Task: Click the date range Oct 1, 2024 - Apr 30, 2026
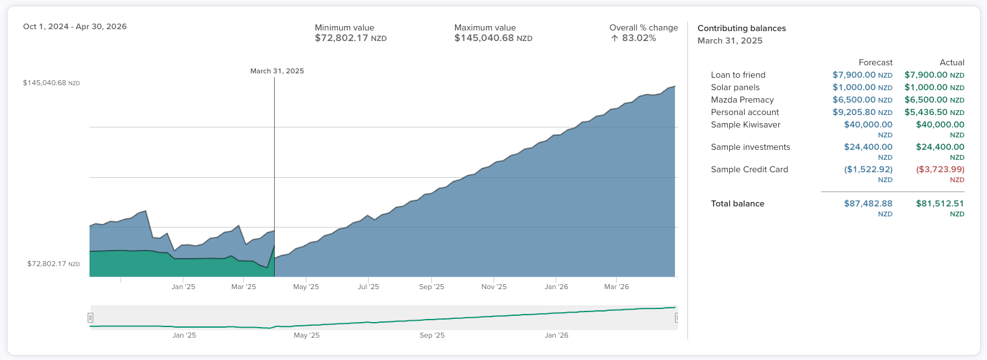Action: tap(75, 27)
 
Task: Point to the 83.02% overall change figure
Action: tap(638, 39)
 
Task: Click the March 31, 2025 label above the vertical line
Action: tap(277, 71)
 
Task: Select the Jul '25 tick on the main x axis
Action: tap(369, 287)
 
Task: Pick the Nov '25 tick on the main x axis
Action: tap(494, 287)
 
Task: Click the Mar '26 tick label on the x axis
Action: tap(617, 287)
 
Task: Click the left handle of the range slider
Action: tap(91, 318)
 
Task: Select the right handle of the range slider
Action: tap(676, 318)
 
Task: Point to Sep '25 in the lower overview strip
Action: tap(432, 335)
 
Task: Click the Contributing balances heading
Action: tap(741, 29)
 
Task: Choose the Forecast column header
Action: tap(875, 63)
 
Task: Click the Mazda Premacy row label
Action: tap(742, 100)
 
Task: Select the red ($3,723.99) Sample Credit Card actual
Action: tap(940, 170)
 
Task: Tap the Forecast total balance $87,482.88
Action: tap(868, 204)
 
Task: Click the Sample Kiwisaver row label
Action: tap(745, 125)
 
